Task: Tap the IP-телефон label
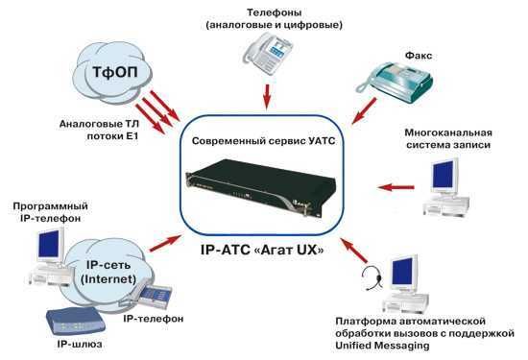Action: [x=155, y=317]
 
